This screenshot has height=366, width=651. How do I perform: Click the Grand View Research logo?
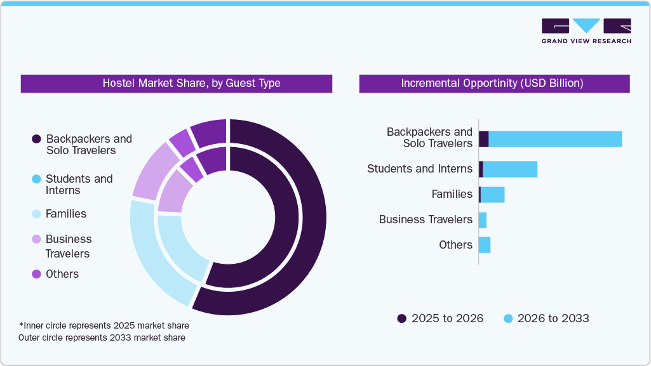click(586, 30)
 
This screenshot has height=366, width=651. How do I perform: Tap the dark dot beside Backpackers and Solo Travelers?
click(36, 139)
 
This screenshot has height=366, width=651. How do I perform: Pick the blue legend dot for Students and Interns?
click(36, 180)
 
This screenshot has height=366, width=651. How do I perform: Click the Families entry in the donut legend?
click(66, 214)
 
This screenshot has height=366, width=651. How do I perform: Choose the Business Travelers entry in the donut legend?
click(69, 245)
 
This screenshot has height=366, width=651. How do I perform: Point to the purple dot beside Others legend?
click(36, 274)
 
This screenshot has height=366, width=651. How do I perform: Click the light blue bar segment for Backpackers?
click(554, 139)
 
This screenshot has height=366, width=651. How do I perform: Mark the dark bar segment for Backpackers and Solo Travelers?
click(483, 139)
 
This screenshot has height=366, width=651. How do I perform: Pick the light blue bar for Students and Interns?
click(510, 169)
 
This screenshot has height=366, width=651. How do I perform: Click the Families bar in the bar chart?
click(493, 195)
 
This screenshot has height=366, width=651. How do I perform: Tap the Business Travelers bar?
click(483, 220)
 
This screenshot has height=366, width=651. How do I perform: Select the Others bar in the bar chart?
click(485, 245)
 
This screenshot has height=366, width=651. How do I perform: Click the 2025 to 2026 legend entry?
click(440, 318)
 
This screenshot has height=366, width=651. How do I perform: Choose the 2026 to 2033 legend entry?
click(546, 318)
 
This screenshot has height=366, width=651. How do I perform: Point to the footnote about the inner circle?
click(104, 325)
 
